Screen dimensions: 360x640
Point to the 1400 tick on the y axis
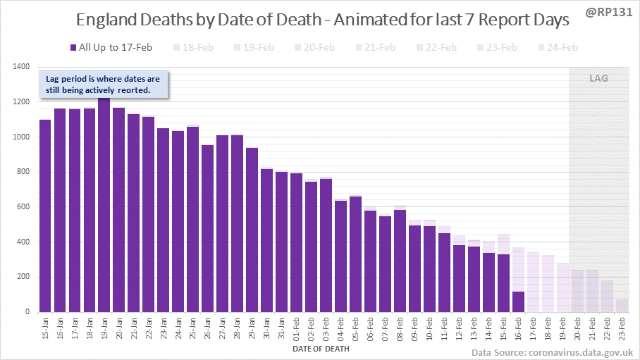[x=20, y=67]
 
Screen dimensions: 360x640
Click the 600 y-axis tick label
[x=23, y=207]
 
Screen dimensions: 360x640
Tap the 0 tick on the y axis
[x=27, y=312]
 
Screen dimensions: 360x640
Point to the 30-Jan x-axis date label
[x=266, y=330]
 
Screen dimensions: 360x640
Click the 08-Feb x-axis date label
[x=398, y=330]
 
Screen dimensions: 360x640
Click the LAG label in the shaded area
[x=598, y=78]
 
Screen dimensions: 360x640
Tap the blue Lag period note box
[x=103, y=84]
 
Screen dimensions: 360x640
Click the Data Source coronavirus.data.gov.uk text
[x=552, y=352]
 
